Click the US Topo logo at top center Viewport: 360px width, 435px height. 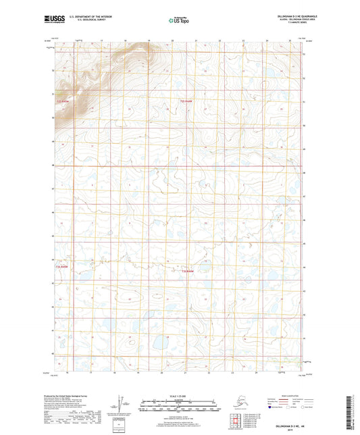click(x=180, y=20)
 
